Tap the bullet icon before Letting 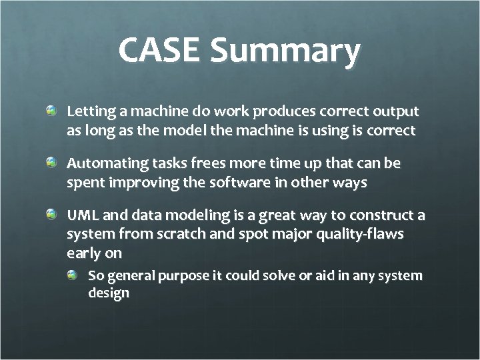(x=51, y=110)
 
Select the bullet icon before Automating (x=51, y=163)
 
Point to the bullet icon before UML (x=51, y=215)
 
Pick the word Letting (x=89, y=111)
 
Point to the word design (x=109, y=294)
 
